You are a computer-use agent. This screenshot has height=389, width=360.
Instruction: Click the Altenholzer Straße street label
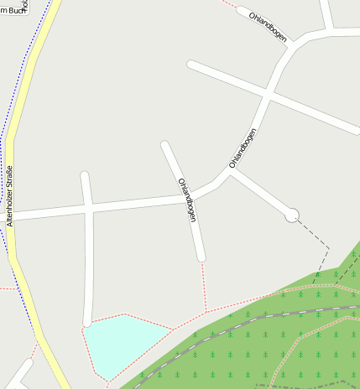tap(10, 197)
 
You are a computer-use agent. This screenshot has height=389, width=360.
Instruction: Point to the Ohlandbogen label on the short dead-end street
tap(188, 199)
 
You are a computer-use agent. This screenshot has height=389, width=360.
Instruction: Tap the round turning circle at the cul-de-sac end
tap(291, 215)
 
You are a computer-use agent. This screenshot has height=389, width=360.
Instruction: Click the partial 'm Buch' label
tap(12, 10)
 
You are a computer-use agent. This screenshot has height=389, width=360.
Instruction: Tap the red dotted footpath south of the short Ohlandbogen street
tap(203, 285)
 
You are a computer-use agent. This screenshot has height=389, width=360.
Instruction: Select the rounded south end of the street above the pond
tap(87, 321)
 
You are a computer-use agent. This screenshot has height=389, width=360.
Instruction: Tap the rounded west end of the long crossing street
tap(192, 64)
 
